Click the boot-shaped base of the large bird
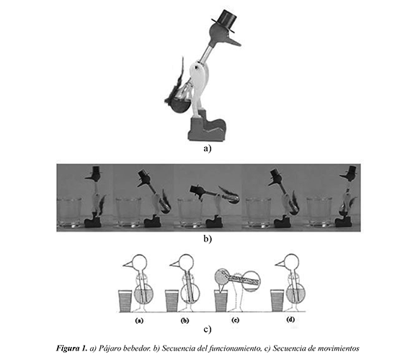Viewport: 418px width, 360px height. (x=207, y=126)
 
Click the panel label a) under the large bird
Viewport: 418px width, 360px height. (x=207, y=148)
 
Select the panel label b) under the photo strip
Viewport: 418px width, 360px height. (x=207, y=239)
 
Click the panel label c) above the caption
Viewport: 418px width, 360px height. (x=207, y=329)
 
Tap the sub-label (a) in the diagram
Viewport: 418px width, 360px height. (x=139, y=320)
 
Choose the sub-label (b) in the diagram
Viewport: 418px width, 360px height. (x=184, y=320)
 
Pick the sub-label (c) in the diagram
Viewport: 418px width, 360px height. (x=235, y=320)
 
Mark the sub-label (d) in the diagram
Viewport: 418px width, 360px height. (x=290, y=320)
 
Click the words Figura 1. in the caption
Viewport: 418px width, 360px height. (x=72, y=348)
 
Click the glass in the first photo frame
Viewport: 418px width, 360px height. (x=69, y=212)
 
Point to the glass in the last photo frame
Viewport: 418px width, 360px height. (x=319, y=211)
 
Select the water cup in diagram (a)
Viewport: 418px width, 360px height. (x=125, y=301)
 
